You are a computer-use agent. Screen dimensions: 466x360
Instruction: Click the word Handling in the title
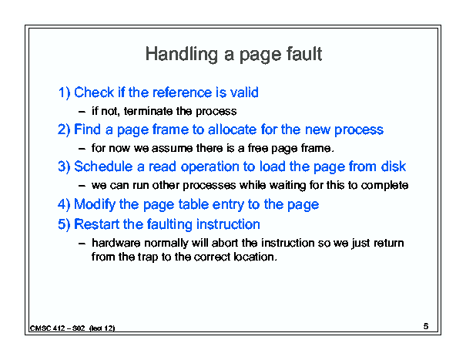pos(181,55)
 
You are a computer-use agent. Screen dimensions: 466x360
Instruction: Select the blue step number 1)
pos(64,93)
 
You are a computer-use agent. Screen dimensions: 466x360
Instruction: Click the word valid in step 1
pos(245,93)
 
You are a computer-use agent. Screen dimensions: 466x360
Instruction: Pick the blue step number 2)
pos(64,130)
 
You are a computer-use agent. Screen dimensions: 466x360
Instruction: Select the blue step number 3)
pos(64,167)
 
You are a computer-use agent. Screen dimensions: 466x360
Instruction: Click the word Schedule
pos(103,167)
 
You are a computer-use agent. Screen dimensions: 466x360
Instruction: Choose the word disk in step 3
pos(394,167)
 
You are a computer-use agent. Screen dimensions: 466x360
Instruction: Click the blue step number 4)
pos(64,204)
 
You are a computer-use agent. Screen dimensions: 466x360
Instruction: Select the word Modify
pos(95,205)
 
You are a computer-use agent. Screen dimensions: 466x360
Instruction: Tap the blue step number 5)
pos(64,224)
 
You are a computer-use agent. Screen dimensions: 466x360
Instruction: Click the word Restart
pos(96,224)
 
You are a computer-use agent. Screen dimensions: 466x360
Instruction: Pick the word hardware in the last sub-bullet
pos(116,243)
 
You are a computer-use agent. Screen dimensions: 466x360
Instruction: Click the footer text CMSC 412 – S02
pos(57,328)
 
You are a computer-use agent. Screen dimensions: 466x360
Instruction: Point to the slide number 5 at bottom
pos(426,326)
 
